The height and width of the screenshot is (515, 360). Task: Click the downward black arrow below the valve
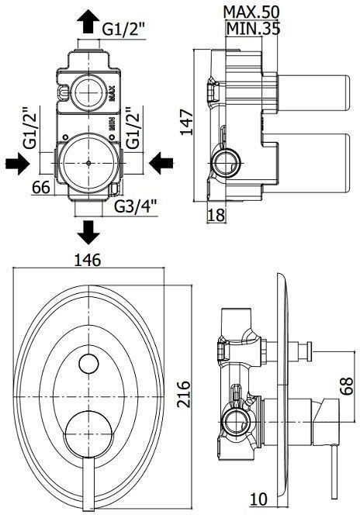pos(90,231)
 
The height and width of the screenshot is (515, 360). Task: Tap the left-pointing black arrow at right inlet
pos(162,163)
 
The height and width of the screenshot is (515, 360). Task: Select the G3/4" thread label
pos(136,207)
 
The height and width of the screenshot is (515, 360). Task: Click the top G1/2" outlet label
pos(125,29)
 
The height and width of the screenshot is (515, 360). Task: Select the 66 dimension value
pos(42,187)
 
